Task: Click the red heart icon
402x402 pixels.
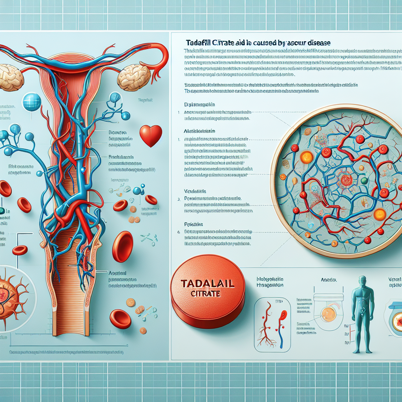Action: (x=151, y=135)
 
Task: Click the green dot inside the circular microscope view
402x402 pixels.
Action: (x=364, y=181)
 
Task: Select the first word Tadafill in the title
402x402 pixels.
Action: (x=197, y=42)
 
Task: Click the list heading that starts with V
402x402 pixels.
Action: (x=196, y=191)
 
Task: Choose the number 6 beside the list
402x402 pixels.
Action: (x=179, y=232)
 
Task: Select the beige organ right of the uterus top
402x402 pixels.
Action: (x=134, y=77)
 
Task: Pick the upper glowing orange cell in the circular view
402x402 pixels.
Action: (x=307, y=157)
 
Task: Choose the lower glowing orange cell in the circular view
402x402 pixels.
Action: (x=380, y=214)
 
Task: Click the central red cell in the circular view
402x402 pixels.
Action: (x=345, y=180)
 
